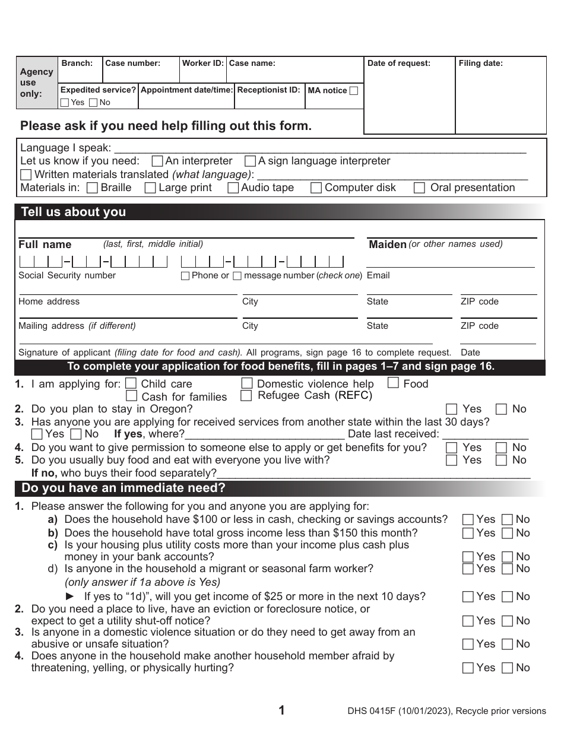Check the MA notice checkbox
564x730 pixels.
tap(354, 91)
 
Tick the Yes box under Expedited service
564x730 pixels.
tap(65, 103)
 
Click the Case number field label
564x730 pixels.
tap(132, 63)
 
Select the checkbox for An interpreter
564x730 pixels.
tap(157, 161)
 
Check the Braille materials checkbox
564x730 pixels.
tap(92, 188)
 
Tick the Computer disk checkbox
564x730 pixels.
tap(316, 188)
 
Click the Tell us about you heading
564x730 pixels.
tap(73, 212)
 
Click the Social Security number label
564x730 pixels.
tap(67, 275)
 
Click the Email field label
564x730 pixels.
tap(378, 275)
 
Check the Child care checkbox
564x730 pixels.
tap(131, 383)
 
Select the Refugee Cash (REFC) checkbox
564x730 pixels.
tap(246, 395)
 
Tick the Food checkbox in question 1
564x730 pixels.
tap(393, 383)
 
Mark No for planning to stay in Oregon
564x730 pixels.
tap(502, 409)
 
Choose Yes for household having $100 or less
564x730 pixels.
tap(468, 520)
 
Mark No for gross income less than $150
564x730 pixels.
tap(507, 534)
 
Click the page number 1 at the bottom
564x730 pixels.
tap(282, 710)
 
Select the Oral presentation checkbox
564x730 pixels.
tap(419, 188)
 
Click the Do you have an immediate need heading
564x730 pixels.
tap(123, 488)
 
